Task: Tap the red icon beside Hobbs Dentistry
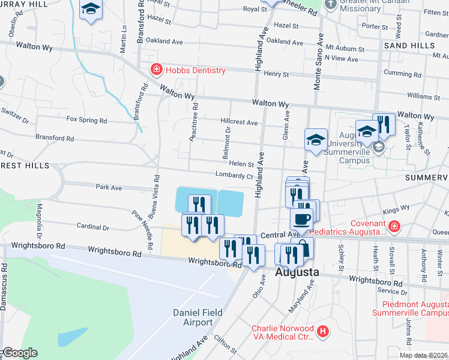(157, 70)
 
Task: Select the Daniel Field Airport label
(193, 317)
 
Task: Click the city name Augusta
(296, 272)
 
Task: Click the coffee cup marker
(301, 219)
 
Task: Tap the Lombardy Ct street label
(235, 176)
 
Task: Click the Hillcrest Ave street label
(239, 122)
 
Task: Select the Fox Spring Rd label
(86, 120)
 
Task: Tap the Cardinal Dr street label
(92, 227)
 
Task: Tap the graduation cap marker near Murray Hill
(91, 9)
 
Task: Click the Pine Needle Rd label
(141, 222)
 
